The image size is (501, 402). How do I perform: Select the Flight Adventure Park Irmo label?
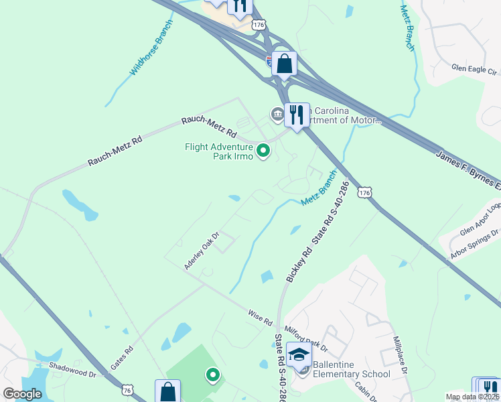pos(219,151)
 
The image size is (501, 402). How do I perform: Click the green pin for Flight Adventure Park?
pos(263,151)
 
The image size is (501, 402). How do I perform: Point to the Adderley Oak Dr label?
pos(202,251)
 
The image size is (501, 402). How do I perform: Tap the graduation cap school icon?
pos(299,354)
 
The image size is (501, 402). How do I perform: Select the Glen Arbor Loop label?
pos(480,220)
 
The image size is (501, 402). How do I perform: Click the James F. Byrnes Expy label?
pos(468,169)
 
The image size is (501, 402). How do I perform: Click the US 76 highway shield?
pos(127,390)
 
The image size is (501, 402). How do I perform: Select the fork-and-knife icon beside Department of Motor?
pos(297,115)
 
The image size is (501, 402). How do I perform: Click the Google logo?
pos(23,394)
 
